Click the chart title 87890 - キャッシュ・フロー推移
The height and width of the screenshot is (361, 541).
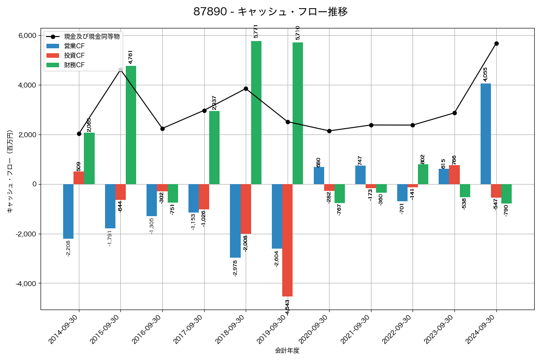pyautogui.click(x=270, y=12)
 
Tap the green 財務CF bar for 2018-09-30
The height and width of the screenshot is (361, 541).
pyautogui.click(x=256, y=112)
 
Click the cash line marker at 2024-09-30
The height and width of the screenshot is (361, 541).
pyautogui.click(x=496, y=43)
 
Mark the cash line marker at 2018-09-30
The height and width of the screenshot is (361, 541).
pyautogui.click(x=246, y=88)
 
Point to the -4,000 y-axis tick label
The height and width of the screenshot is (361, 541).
pyautogui.click(x=27, y=283)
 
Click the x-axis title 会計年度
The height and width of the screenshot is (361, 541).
pyautogui.click(x=287, y=351)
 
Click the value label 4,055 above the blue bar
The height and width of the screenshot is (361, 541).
pyautogui.click(x=486, y=74)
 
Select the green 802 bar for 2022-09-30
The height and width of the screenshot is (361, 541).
pyautogui.click(x=423, y=174)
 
